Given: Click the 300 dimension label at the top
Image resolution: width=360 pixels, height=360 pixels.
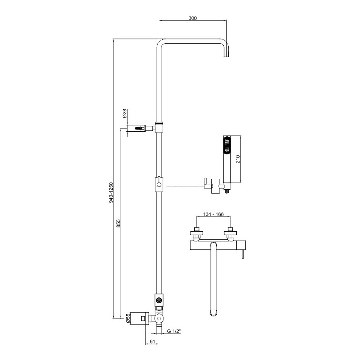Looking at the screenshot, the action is click(x=193, y=18).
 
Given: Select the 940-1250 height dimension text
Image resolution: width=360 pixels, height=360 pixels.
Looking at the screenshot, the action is click(x=111, y=192).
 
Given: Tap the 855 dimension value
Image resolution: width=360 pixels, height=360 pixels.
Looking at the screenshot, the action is click(x=118, y=223).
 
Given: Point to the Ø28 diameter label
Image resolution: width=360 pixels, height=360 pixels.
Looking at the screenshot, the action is click(x=125, y=114).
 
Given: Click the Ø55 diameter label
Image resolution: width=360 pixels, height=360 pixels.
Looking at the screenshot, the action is click(x=128, y=318).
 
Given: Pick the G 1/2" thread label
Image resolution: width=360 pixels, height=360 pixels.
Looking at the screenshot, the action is click(x=174, y=331).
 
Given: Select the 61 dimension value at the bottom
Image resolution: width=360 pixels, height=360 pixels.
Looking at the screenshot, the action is click(x=152, y=341).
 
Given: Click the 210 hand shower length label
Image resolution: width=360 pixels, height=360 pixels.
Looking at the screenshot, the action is click(x=238, y=159).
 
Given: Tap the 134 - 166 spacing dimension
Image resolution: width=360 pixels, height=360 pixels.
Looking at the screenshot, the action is click(x=213, y=214).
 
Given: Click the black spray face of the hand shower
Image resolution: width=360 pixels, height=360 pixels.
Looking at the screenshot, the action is click(x=227, y=145).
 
